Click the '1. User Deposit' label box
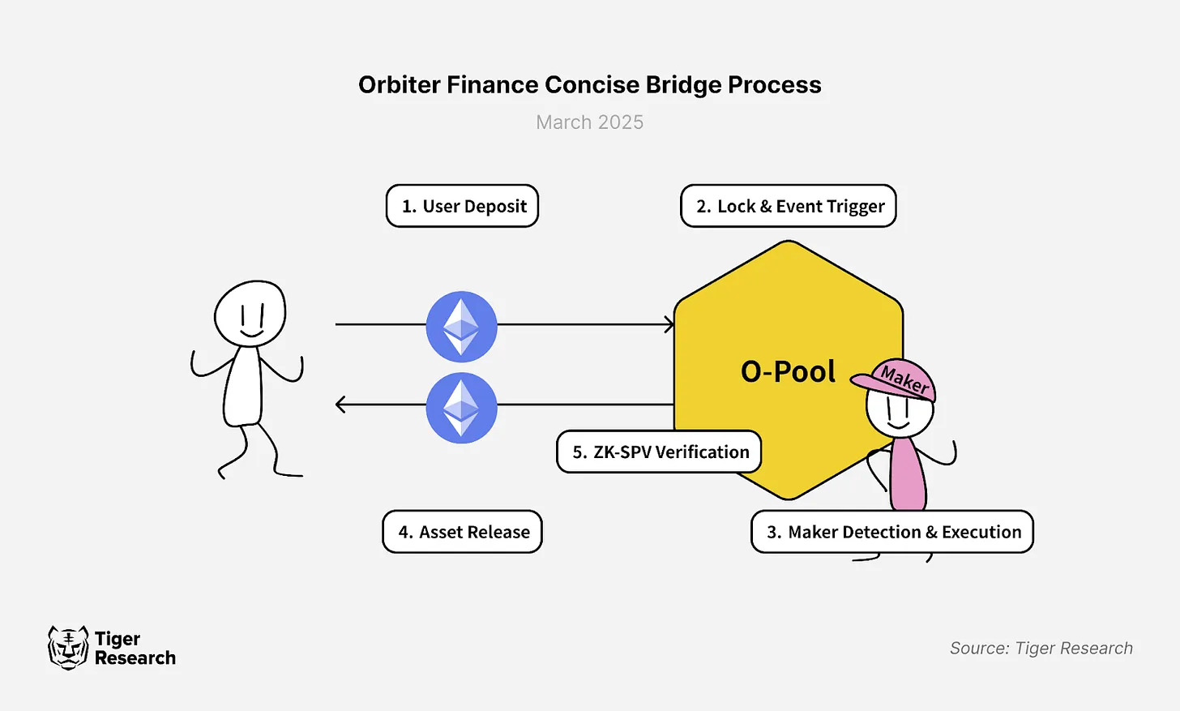tap(462, 206)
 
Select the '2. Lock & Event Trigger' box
tap(789, 206)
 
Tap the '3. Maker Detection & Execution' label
tap(892, 532)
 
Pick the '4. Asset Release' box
tap(462, 532)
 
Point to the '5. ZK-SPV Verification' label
tap(659, 452)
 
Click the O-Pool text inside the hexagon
tap(788, 371)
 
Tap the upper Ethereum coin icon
tap(462, 326)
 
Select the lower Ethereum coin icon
tap(462, 407)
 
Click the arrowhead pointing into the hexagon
tap(669, 324)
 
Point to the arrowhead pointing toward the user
tap(341, 404)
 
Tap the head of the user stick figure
tap(250, 314)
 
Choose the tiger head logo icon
tap(67, 647)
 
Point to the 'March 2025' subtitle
tap(590, 122)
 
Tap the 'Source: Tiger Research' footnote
tap(1041, 648)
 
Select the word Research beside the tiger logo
tap(135, 658)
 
